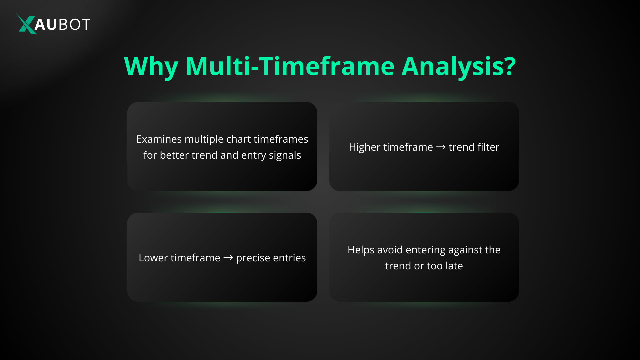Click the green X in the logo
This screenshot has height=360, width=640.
[x=26, y=24]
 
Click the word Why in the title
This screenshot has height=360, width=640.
[x=151, y=67]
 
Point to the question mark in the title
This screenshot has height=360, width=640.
[x=509, y=66]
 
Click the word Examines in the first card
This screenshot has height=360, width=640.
[x=159, y=139]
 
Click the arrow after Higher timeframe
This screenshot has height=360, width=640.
[x=441, y=147]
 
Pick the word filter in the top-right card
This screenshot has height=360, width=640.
[x=488, y=147]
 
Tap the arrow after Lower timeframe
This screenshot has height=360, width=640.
[x=228, y=258]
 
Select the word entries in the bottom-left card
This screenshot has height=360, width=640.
[x=289, y=258]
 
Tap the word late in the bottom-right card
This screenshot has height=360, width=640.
[x=454, y=266]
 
